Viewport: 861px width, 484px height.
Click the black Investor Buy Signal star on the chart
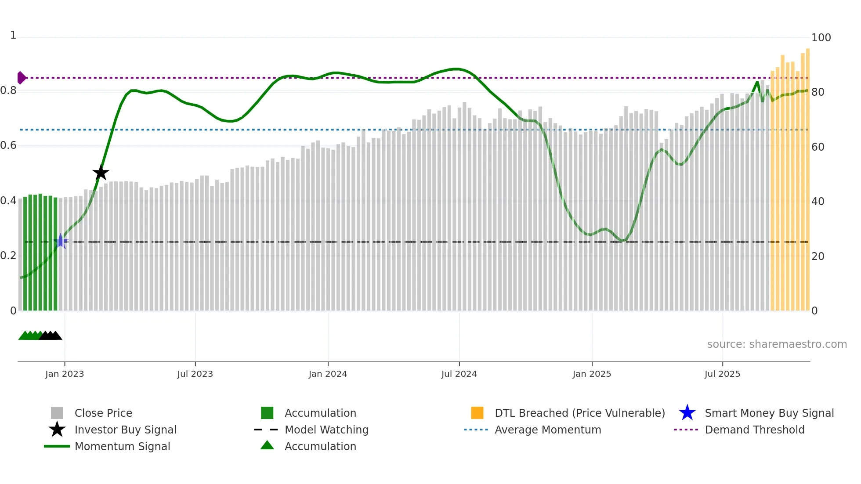pos(101,173)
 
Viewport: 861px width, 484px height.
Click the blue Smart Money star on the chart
pos(61,241)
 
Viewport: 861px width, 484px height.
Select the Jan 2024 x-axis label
pos(328,374)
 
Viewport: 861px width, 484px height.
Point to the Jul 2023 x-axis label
pos(195,374)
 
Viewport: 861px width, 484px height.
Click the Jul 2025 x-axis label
pos(722,374)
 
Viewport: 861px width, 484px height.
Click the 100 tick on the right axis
pos(821,38)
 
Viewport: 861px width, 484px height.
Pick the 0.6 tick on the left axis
pos(8,145)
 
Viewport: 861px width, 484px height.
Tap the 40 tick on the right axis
pos(818,202)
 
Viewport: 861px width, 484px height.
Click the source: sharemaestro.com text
pos(777,344)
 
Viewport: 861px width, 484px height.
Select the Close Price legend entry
pos(103,413)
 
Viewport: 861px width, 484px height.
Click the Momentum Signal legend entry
pos(122,446)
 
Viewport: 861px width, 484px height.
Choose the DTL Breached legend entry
pos(579,413)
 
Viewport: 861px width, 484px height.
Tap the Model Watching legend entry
pos(326,430)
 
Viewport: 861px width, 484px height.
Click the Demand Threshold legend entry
pos(754,430)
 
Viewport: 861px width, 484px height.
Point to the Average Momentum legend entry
pos(547,430)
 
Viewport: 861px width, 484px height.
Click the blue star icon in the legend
pos(687,413)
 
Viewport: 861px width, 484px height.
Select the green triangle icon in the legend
pos(267,445)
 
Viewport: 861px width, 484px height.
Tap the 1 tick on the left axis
pos(13,35)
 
